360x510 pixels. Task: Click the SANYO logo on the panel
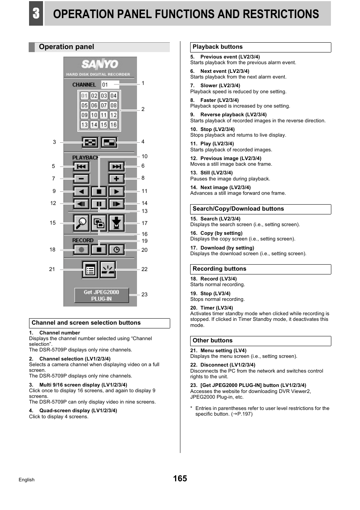[100, 64]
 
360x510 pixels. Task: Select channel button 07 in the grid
[104, 105]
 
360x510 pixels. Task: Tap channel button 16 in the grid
[113, 125]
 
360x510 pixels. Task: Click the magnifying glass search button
[81, 223]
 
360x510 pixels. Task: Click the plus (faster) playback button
[116, 179]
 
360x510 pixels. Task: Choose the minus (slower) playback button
[81, 179]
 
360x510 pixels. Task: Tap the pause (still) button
[99, 204]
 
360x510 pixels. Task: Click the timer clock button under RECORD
[117, 250]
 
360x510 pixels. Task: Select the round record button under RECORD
[81, 250]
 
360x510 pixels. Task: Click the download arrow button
[117, 223]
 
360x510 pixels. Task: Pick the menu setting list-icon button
[90, 270]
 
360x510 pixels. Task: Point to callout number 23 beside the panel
[145, 294]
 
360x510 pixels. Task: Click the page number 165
[180, 478]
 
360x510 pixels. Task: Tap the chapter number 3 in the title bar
[36, 14]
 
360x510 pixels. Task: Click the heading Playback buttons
[217, 47]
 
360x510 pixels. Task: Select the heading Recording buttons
[219, 269]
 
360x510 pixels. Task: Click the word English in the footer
[26, 480]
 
